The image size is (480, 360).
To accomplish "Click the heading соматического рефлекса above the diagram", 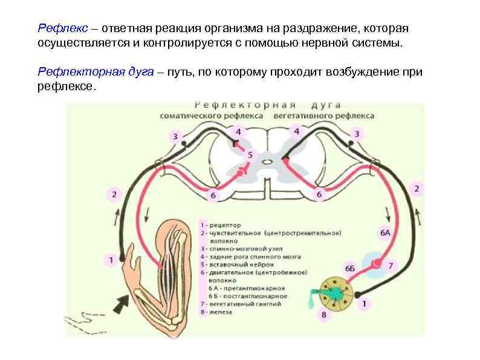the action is (x=212, y=116).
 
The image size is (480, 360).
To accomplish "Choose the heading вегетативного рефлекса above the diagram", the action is (x=323, y=116).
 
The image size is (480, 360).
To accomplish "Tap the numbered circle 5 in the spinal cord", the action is (x=250, y=155).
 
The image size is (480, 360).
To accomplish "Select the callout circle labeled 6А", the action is (x=385, y=232).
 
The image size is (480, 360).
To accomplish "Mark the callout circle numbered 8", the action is (x=324, y=315).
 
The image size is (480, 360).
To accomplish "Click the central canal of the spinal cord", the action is (x=267, y=161).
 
